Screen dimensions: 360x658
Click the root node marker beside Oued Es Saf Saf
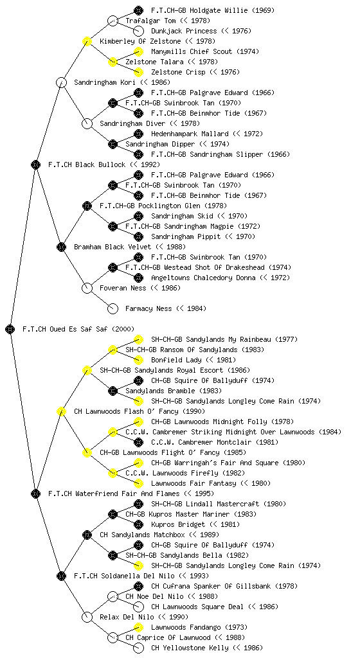coord(10,329)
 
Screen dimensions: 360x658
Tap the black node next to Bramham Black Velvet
coord(61,247)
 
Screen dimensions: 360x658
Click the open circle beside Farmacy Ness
coord(113,308)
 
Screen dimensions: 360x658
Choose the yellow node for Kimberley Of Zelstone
coord(87,41)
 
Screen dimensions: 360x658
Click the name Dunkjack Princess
coord(184,31)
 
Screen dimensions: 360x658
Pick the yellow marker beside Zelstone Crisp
coord(138,72)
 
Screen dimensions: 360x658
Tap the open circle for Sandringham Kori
coord(61,82)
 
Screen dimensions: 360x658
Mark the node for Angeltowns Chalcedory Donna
coord(138,278)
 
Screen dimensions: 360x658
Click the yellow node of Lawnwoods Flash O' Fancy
coord(61,411)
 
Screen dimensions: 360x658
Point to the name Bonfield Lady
coord(176,360)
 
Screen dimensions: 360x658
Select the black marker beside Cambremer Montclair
coord(138,442)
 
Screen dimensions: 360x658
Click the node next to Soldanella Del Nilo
coord(61,576)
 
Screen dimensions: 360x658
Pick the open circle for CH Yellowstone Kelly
coord(138,648)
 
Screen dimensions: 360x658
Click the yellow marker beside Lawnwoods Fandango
coord(138,627)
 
